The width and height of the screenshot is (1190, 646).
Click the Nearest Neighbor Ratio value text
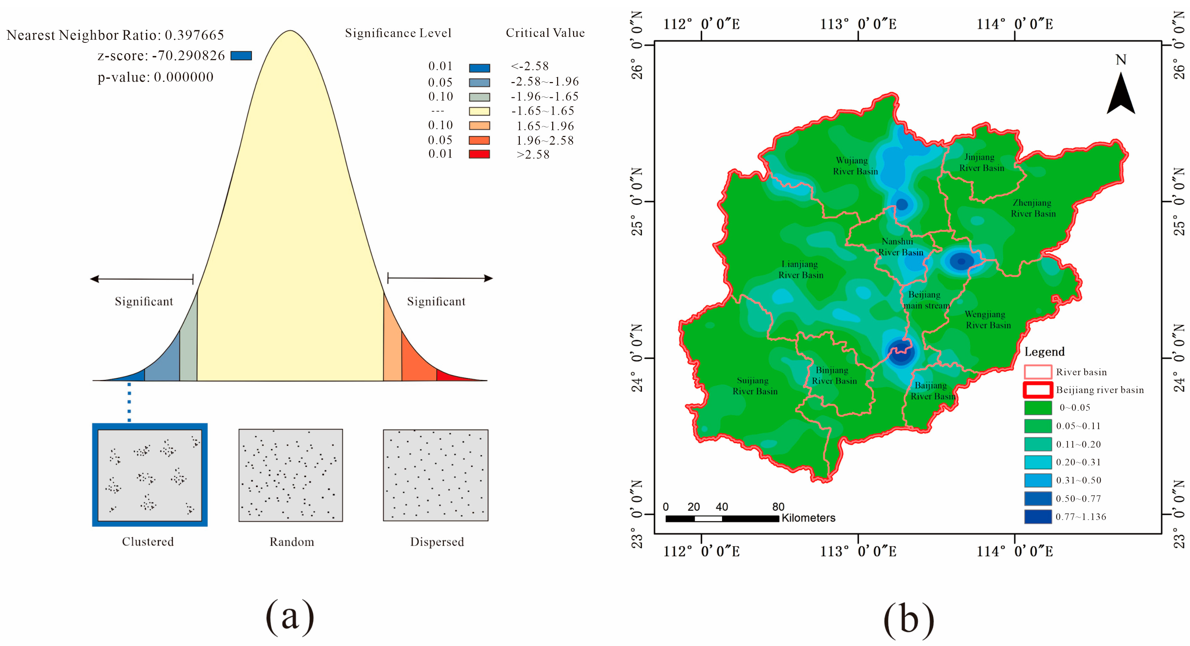click(x=194, y=35)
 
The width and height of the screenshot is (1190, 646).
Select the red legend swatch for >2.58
click(x=479, y=154)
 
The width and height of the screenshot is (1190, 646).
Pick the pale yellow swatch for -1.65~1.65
click(x=479, y=111)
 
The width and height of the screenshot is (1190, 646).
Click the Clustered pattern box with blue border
click(x=150, y=475)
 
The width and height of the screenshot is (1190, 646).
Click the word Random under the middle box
click(x=292, y=542)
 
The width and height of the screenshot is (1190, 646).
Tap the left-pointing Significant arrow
click(x=141, y=279)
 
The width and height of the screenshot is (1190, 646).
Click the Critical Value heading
click(x=545, y=33)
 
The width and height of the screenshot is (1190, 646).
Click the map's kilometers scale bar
click(x=722, y=518)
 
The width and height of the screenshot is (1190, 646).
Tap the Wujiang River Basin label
click(x=855, y=166)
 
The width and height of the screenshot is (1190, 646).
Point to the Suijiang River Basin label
click(x=754, y=386)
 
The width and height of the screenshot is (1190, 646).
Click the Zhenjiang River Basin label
click(x=1033, y=208)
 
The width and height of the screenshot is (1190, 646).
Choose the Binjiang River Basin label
click(x=834, y=376)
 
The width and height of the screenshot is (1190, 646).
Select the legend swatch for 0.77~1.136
click(x=1038, y=517)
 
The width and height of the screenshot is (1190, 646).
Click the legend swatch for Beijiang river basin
click(x=1038, y=390)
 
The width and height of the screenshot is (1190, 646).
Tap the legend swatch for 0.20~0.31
click(x=1038, y=462)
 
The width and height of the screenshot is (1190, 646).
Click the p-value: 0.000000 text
click(x=155, y=77)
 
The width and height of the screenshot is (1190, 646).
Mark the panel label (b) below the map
click(x=908, y=619)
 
